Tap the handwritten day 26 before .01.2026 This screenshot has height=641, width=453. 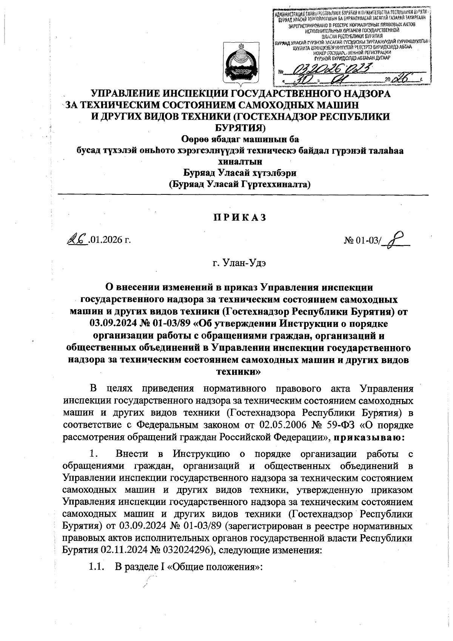(x=76, y=239)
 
